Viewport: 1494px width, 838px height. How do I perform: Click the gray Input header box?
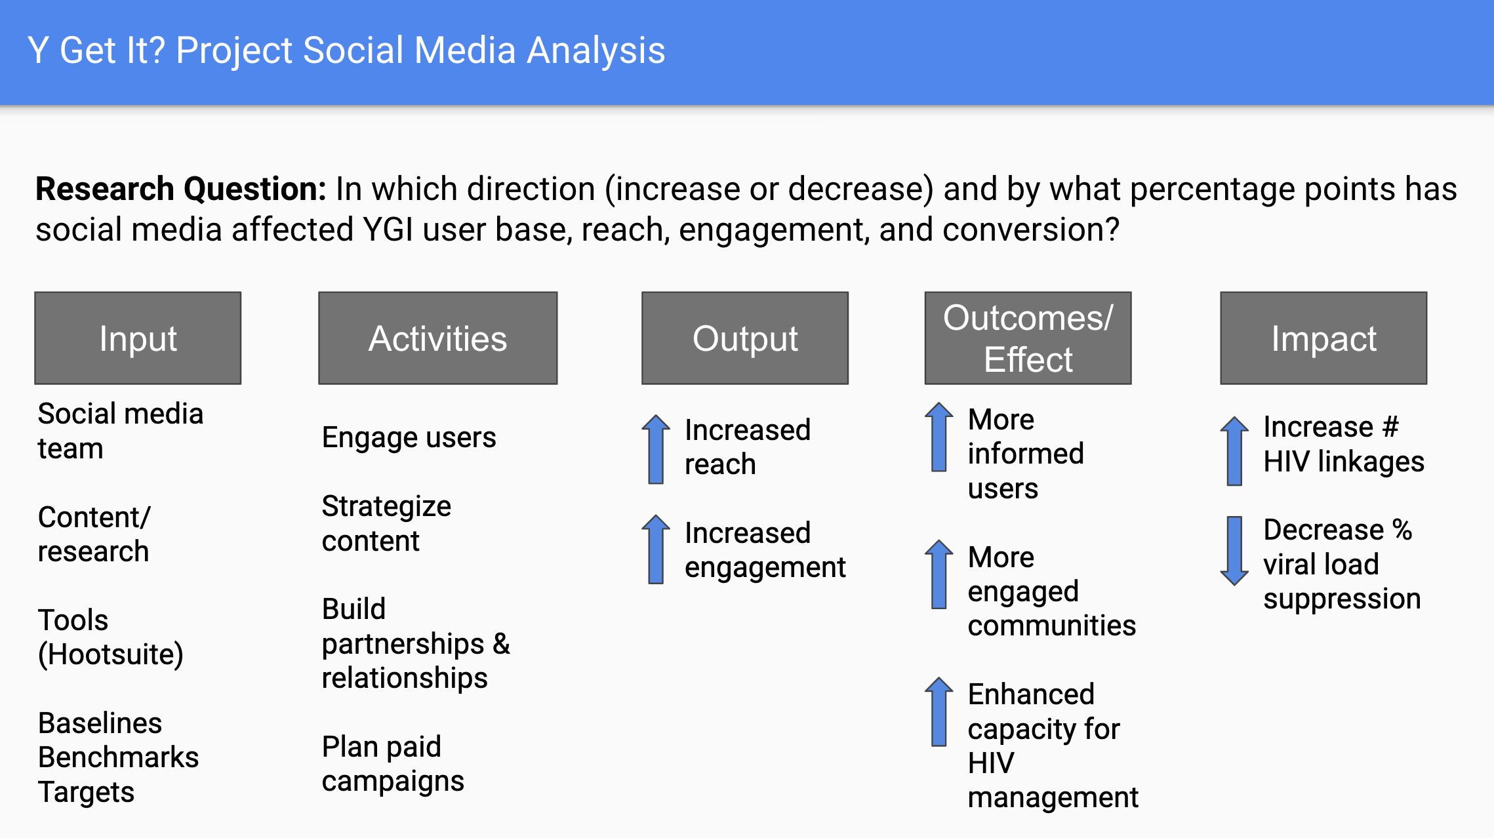click(138, 338)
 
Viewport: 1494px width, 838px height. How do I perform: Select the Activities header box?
click(437, 338)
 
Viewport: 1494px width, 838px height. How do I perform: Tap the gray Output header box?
click(745, 338)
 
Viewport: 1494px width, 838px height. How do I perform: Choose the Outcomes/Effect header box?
click(1028, 338)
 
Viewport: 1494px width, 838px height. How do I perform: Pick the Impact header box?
click(1323, 338)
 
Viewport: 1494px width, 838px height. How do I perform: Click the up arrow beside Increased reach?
click(656, 449)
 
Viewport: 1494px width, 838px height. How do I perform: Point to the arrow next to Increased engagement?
click(656, 549)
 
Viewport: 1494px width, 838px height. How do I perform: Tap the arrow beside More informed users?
click(939, 437)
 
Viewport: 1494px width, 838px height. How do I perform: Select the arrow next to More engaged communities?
click(939, 574)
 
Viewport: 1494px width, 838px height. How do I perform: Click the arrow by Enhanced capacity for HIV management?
click(939, 711)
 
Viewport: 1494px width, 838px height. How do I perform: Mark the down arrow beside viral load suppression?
click(1234, 551)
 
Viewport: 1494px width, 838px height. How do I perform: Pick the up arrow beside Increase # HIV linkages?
click(1234, 451)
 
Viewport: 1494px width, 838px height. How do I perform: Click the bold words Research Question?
click(181, 190)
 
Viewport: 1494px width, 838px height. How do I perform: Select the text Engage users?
click(409, 438)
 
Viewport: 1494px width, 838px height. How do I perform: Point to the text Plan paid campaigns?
click(393, 764)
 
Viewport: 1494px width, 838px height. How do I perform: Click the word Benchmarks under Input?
click(118, 757)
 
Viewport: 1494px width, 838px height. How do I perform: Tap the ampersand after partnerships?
click(501, 643)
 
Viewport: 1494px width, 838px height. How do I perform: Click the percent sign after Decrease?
click(1402, 530)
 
